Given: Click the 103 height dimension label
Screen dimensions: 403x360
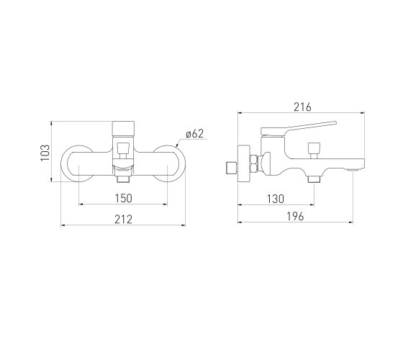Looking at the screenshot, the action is (45, 153).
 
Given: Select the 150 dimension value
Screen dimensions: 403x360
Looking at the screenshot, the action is (123, 198).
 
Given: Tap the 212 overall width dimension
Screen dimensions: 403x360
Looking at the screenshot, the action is (123, 220).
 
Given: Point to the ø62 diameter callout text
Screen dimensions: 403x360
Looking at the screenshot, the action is (194, 134).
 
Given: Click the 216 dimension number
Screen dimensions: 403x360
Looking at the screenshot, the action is (302, 107).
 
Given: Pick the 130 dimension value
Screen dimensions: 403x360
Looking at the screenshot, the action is (276, 199).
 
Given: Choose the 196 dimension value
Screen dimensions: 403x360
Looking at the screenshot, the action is (295, 217).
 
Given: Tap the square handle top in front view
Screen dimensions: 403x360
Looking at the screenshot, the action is (123, 129).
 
